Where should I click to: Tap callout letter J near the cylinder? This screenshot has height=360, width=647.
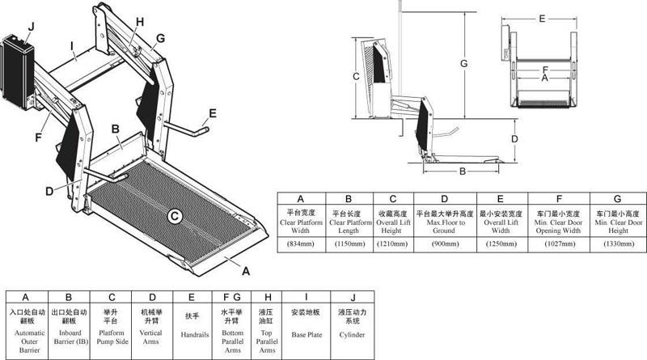(31, 27)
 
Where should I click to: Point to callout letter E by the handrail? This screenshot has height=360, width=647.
(213, 112)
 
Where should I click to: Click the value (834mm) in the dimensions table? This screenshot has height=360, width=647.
(301, 243)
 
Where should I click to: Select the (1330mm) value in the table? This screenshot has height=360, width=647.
(618, 243)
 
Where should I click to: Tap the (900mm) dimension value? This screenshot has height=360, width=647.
(445, 243)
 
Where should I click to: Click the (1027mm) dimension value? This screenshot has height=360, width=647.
(559, 243)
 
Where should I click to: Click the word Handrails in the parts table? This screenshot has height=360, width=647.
(191, 333)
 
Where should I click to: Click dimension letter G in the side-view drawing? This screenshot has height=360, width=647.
(463, 62)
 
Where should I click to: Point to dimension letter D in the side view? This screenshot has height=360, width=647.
(514, 139)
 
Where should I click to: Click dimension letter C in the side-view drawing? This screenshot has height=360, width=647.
(357, 75)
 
